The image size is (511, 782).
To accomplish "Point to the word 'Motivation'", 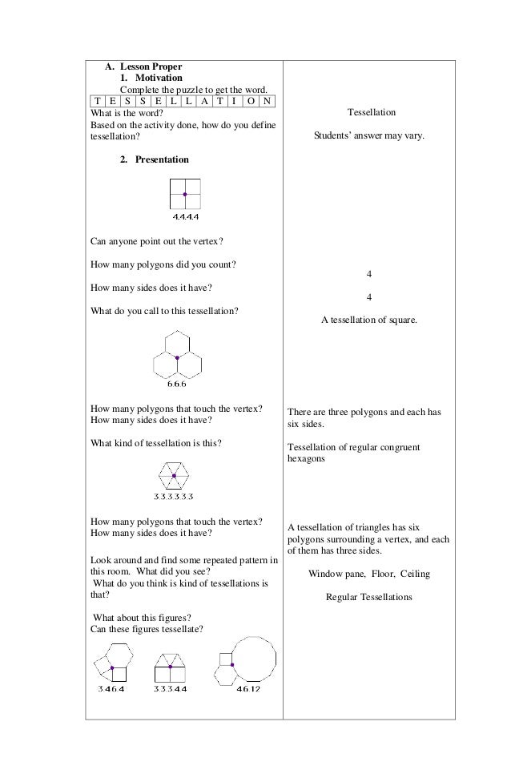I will pyautogui.click(x=159, y=78).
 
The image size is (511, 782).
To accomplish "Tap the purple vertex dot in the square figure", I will pyautogui.click(x=185, y=194).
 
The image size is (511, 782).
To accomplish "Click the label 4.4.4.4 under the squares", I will pyautogui.click(x=185, y=217).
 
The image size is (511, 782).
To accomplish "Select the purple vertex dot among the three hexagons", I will pyautogui.click(x=177, y=357).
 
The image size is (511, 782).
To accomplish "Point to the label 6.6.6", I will pyautogui.click(x=177, y=383).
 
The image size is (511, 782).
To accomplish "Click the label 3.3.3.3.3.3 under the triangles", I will pyautogui.click(x=173, y=496).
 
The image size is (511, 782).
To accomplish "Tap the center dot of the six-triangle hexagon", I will pyautogui.click(x=173, y=475).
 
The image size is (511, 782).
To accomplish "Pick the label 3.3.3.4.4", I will pyautogui.click(x=170, y=688).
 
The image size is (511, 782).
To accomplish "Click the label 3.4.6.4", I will pyautogui.click(x=111, y=688).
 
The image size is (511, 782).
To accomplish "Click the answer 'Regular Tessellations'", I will pyautogui.click(x=368, y=597).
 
